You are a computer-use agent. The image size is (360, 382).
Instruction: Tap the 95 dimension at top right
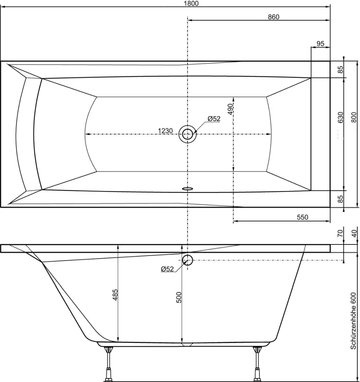(320, 44)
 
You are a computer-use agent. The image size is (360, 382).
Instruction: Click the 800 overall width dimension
(354, 117)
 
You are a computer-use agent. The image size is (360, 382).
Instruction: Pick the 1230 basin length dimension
(165, 131)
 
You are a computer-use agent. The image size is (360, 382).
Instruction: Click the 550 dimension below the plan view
(302, 217)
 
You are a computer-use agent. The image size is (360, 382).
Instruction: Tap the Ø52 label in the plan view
(214, 119)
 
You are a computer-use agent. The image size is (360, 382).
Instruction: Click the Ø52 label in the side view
(167, 269)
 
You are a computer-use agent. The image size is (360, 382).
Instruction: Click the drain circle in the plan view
(187, 134)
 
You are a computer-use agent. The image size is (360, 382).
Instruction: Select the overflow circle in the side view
(187, 261)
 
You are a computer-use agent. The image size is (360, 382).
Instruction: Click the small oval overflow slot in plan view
(187, 188)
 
